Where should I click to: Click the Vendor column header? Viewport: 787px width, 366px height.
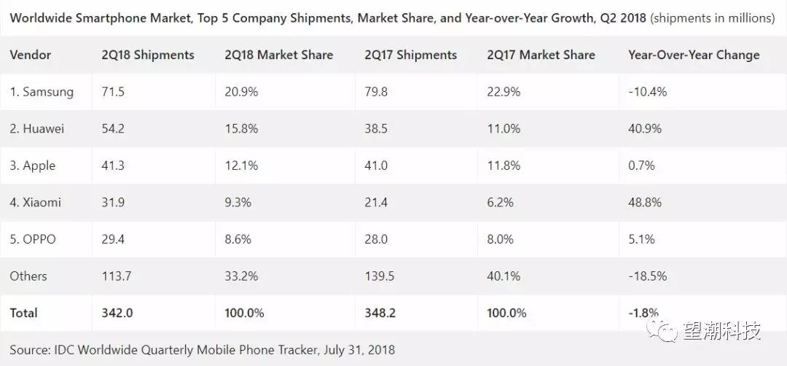[x=31, y=55]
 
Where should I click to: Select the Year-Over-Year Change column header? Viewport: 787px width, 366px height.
[x=693, y=55]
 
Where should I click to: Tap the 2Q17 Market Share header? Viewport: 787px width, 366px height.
[x=541, y=55]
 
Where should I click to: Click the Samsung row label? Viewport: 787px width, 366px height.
[x=42, y=92]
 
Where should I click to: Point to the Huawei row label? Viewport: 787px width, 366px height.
[x=37, y=128]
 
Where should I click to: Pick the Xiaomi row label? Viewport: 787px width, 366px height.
[x=36, y=202]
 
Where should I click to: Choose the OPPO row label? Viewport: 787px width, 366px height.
[x=33, y=239]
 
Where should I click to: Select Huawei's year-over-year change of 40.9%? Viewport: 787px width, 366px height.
[x=644, y=128]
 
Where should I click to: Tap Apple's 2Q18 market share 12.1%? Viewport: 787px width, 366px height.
[x=240, y=166]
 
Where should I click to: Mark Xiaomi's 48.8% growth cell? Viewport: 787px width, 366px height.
[x=644, y=202]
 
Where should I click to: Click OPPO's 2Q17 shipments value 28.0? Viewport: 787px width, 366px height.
[x=375, y=239]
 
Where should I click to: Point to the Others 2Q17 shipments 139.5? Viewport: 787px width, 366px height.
[x=379, y=276]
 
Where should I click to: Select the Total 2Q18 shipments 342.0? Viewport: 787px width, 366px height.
[x=117, y=313]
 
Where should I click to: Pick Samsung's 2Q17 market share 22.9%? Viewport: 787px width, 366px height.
[x=504, y=92]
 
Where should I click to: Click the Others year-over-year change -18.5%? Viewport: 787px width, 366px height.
[x=647, y=276]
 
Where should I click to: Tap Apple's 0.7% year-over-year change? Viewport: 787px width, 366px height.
[x=641, y=166]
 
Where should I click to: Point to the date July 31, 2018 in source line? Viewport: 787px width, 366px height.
[x=358, y=350]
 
